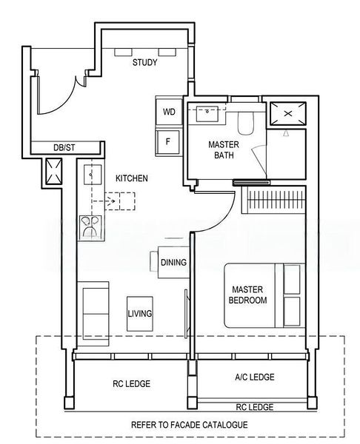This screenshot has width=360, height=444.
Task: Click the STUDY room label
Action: [144, 63]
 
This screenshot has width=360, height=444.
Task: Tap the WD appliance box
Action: [169, 112]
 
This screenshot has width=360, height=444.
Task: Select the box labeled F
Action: [169, 141]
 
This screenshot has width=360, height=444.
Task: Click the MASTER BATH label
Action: [221, 149]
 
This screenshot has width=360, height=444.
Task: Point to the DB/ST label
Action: [64, 148]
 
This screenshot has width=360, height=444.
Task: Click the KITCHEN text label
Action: [131, 179]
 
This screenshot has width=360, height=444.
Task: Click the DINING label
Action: [173, 263]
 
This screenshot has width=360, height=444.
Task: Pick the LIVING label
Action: [139, 314]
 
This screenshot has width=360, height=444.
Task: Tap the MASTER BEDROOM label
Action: [249, 295]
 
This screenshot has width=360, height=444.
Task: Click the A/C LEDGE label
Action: [254, 377]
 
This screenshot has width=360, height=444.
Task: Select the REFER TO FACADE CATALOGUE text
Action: [189, 426]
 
